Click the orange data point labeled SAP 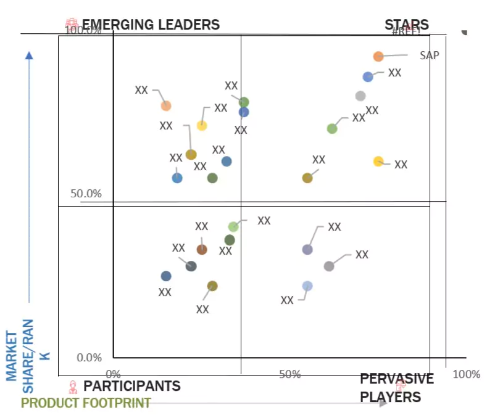(378, 57)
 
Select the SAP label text (430, 55)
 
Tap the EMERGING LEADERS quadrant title (151, 25)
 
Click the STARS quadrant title (406, 25)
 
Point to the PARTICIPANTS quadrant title (131, 386)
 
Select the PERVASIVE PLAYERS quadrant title (397, 388)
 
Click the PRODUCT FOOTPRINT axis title (86, 403)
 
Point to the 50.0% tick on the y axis (86, 194)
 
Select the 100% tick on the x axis (465, 374)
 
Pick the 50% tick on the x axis (289, 374)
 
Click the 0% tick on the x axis (114, 374)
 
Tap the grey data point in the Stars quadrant (360, 96)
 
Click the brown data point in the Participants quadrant (202, 249)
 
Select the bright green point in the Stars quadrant (332, 128)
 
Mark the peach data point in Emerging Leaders (166, 105)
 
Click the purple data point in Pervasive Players (307, 249)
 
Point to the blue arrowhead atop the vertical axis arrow (28, 55)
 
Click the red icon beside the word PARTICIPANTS (73, 387)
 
